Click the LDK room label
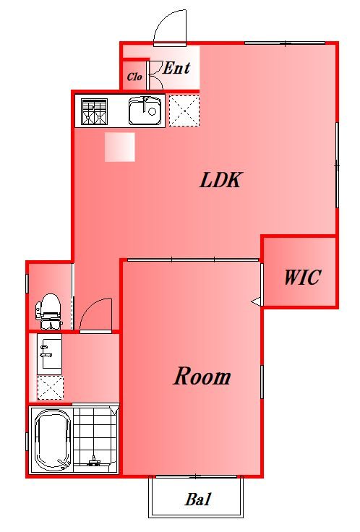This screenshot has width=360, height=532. tap(220, 180)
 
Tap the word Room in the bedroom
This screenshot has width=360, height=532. tap(202, 376)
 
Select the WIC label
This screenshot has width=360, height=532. tap(302, 277)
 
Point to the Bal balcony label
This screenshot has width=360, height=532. tap(198, 499)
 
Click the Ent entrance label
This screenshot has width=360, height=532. tap(176, 68)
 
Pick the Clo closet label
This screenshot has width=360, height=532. tap(134, 77)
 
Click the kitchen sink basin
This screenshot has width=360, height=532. tap(145, 111)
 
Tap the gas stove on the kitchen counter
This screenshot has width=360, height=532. tap(94, 111)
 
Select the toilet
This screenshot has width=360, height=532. tap(50, 311)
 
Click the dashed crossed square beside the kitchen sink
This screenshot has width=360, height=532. tap(184, 111)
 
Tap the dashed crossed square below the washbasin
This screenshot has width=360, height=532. tap(50, 388)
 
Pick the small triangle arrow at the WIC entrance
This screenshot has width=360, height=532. tap(256, 301)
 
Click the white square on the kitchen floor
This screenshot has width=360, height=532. tap(120, 147)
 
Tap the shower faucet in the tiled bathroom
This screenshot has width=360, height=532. tap(93, 461)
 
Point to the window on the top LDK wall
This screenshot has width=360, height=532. tap(285, 43)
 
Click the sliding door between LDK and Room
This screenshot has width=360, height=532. tap(193, 260)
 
